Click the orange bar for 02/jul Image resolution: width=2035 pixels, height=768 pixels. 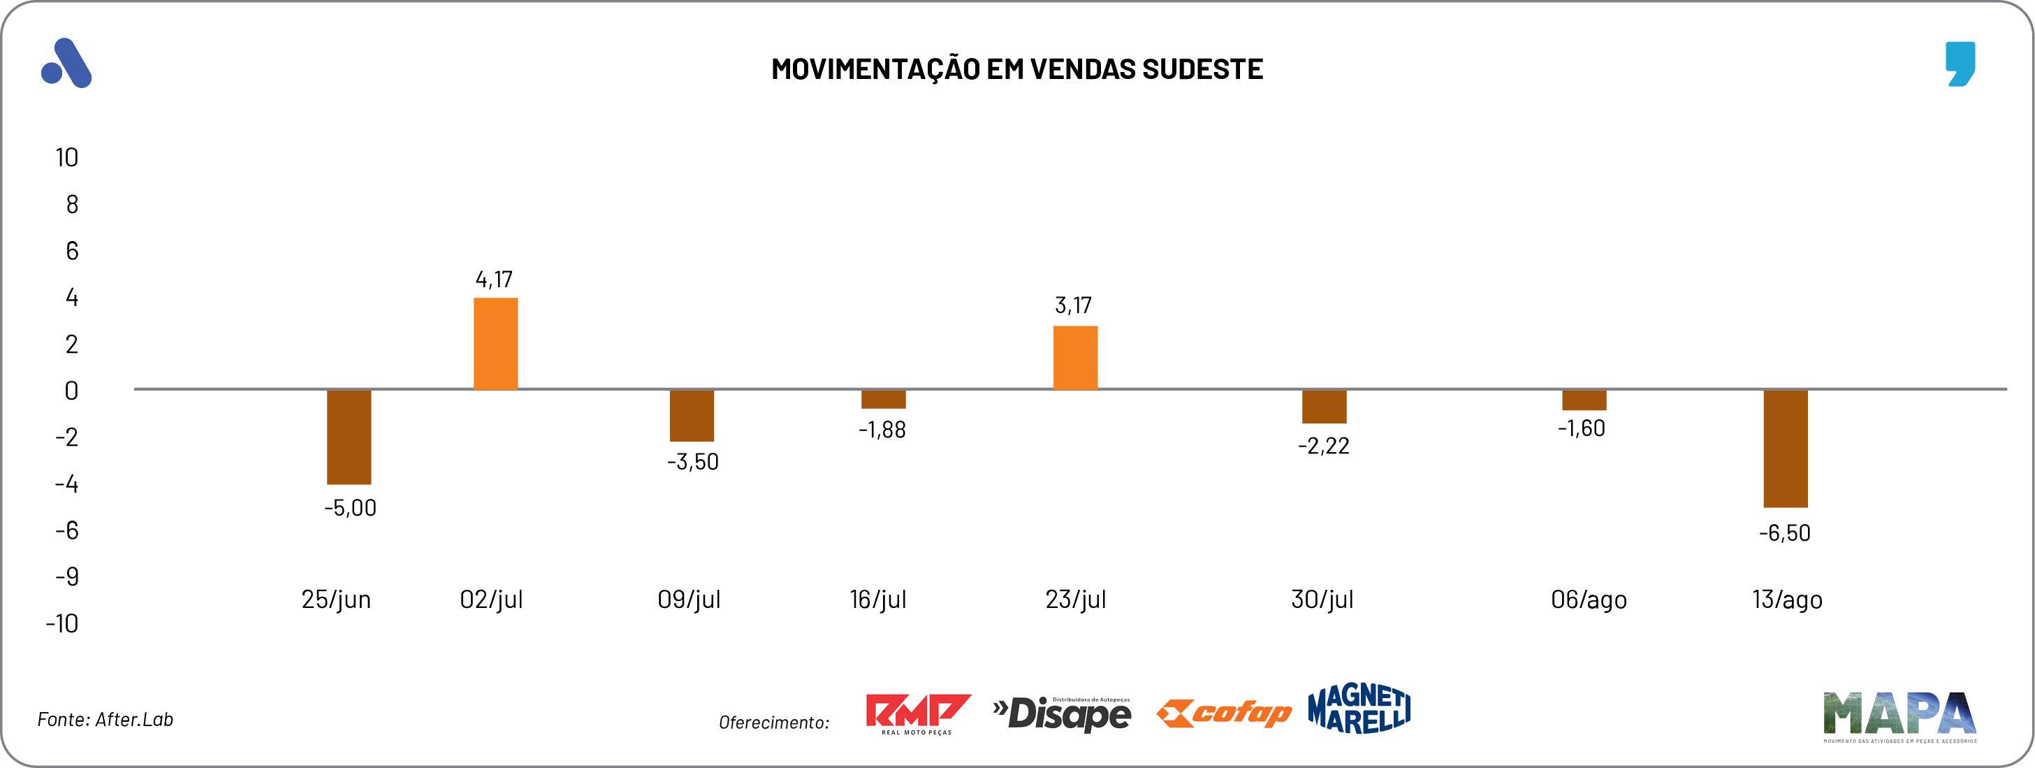(495, 344)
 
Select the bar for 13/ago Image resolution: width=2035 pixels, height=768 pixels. (1786, 448)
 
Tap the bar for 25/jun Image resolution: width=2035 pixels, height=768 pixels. (349, 437)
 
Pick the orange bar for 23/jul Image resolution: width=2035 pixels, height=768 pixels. (1075, 358)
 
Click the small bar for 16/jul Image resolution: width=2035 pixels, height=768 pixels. (883, 399)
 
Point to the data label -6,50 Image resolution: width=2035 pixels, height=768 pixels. (1785, 533)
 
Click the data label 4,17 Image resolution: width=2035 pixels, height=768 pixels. (494, 280)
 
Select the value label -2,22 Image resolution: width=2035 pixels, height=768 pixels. (1323, 447)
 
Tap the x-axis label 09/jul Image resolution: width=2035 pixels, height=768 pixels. (689, 600)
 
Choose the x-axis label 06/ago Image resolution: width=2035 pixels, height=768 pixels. (1589, 600)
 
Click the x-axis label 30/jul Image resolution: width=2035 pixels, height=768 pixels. (1322, 600)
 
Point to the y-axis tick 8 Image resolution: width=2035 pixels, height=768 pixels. (72, 205)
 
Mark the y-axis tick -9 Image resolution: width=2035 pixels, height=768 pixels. (67, 577)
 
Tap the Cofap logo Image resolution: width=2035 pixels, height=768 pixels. (1224, 713)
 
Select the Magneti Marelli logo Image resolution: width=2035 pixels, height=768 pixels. (1359, 709)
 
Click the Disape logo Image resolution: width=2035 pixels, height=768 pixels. (1063, 713)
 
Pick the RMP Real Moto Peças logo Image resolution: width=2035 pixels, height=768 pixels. (918, 713)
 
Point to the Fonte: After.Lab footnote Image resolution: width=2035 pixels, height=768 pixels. (105, 720)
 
